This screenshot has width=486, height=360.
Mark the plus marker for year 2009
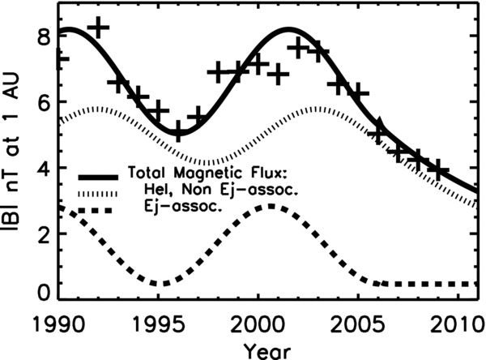tap(438, 170)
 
